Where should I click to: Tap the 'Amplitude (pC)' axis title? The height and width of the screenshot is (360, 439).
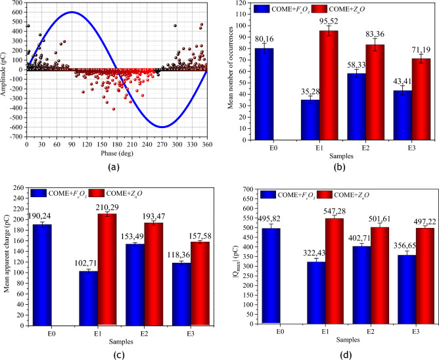5,74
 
